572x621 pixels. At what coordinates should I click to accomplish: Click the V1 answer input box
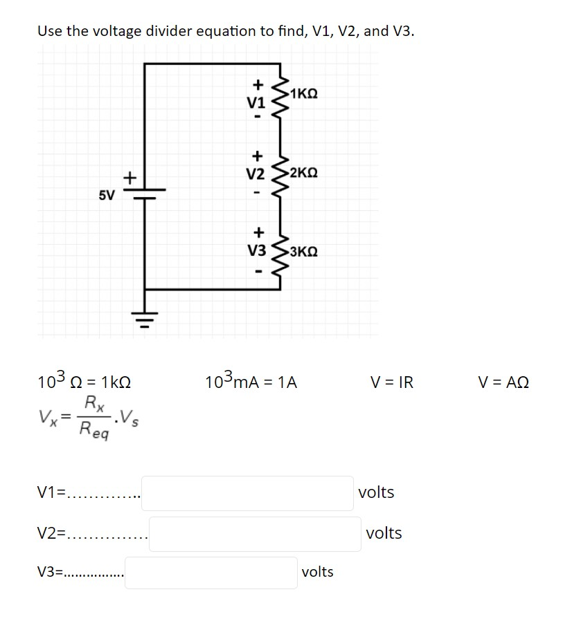(x=247, y=493)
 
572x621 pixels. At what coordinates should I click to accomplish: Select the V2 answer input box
(x=254, y=534)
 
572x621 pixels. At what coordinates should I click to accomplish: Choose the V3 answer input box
(x=211, y=573)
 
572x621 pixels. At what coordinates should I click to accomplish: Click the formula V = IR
(x=391, y=382)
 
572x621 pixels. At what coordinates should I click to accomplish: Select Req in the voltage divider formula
(x=93, y=430)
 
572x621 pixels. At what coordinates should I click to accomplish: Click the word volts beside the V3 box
(x=318, y=572)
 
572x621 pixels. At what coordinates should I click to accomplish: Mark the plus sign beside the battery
(x=128, y=178)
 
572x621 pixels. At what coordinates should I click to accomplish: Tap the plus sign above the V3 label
(x=257, y=233)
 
